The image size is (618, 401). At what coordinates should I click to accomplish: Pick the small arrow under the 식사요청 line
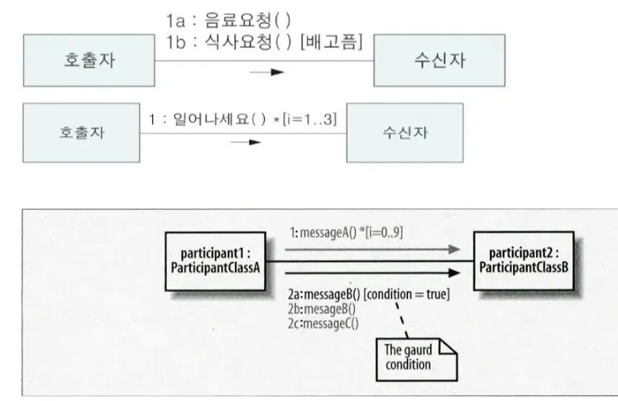click(x=266, y=72)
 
